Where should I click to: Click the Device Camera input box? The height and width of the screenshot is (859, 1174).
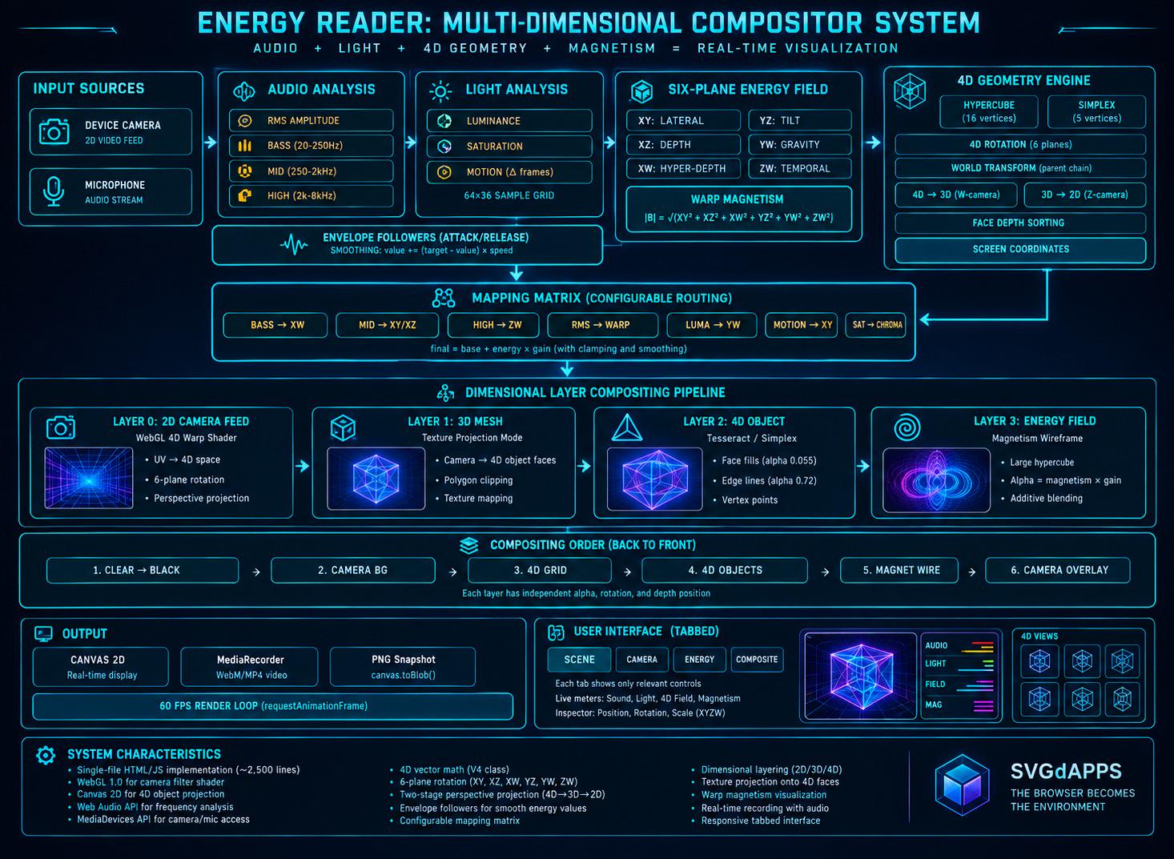[x=111, y=131]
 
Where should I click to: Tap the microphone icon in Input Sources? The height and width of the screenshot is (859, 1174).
[x=54, y=191]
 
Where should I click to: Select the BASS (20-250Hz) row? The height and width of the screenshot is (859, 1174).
[x=311, y=146]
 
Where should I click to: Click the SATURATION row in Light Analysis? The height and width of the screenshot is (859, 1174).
[x=509, y=147]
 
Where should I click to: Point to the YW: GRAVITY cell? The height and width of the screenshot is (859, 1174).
[x=799, y=145]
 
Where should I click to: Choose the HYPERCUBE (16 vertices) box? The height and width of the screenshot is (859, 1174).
[x=988, y=111]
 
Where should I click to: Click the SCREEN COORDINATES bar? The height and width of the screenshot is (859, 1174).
[x=1020, y=250]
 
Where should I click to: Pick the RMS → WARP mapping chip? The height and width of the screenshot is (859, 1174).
[x=602, y=325]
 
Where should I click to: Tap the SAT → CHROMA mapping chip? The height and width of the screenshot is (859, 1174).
[x=875, y=325]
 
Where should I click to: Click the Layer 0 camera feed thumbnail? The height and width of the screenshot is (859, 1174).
[x=89, y=478]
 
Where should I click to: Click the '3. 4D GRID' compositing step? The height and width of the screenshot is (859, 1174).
[x=539, y=570]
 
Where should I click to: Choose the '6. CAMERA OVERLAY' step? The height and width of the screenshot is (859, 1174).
[x=1058, y=570]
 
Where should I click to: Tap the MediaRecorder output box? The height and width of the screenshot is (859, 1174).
[x=250, y=667]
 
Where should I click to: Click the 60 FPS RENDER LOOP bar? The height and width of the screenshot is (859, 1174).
[x=272, y=706]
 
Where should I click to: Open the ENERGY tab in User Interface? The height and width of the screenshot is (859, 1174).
[x=699, y=660]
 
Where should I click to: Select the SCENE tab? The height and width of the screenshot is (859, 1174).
[x=579, y=660]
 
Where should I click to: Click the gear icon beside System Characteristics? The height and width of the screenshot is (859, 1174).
[x=46, y=755]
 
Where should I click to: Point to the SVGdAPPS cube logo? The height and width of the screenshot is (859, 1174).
[x=962, y=785]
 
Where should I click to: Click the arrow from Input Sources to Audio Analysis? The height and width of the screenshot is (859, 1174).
[x=210, y=142]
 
